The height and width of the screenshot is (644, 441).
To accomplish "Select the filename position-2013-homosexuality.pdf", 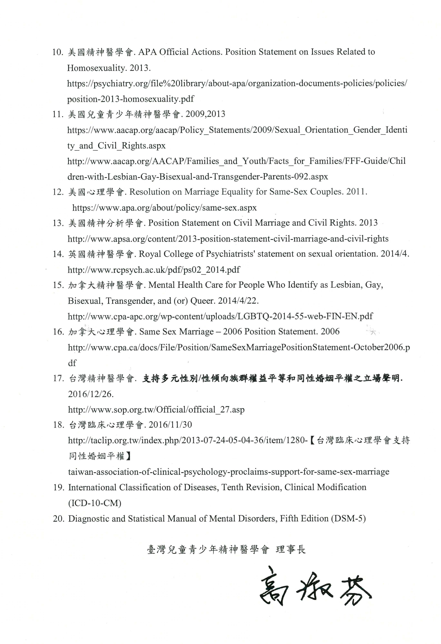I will [130, 99].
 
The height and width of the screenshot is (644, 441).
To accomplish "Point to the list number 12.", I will [58, 192].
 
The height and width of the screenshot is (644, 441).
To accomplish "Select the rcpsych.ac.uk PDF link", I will [154, 270].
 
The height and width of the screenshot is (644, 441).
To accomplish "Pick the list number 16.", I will [59, 332].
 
